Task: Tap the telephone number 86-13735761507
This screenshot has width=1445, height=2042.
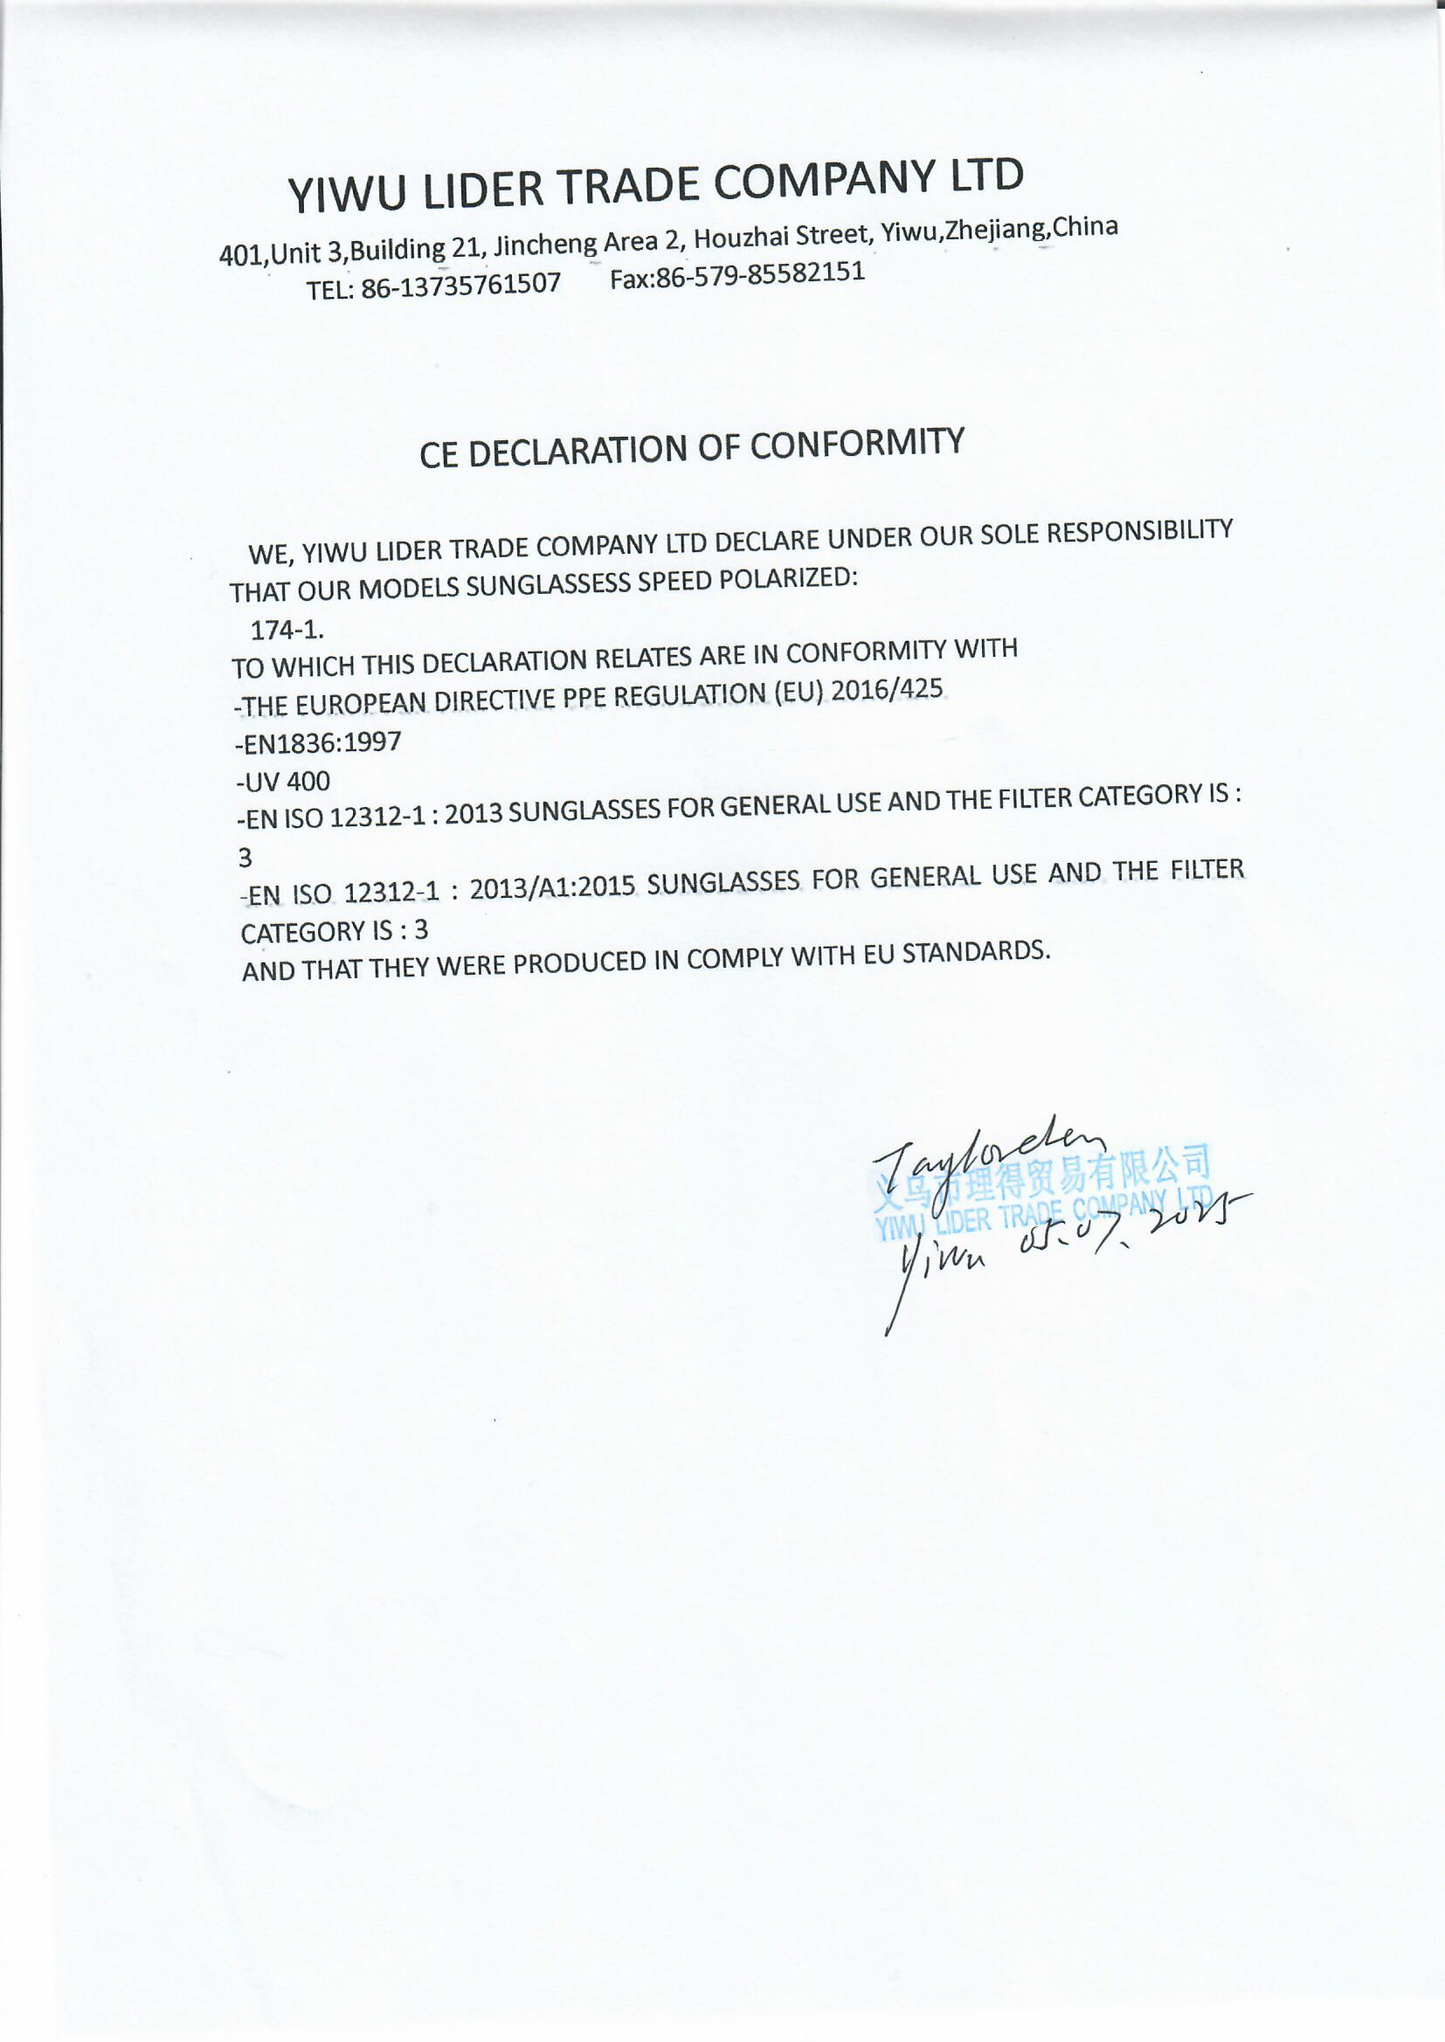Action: point(461,285)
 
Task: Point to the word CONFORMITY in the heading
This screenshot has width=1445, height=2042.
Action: point(857,444)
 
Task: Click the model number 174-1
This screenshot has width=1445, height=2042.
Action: point(287,630)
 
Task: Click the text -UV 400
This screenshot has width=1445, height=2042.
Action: point(284,782)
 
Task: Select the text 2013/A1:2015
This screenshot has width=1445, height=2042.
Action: point(551,887)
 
